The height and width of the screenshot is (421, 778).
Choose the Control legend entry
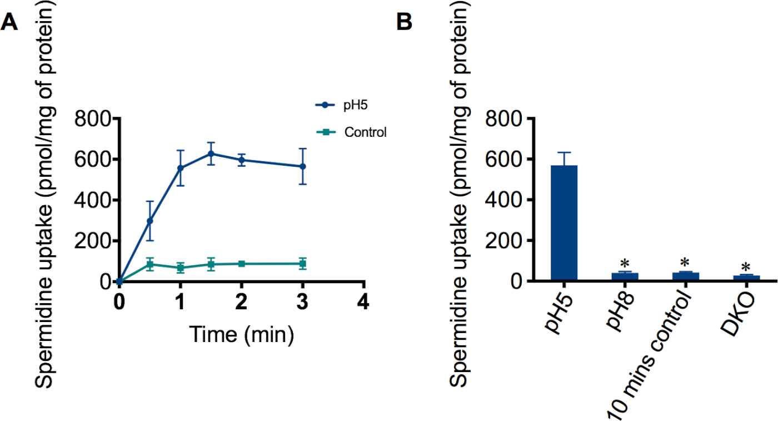point(365,132)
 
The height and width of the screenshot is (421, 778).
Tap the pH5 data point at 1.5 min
point(211,153)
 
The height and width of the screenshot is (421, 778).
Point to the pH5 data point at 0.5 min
point(149,221)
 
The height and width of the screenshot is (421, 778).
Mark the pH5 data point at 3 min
point(303,166)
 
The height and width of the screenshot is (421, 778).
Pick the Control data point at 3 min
point(303,264)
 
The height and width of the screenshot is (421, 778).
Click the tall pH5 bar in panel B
point(564,222)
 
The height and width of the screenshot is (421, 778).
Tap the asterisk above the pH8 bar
point(625,263)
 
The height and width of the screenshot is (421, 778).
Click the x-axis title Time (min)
point(241,335)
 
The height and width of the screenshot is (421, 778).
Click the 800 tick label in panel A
point(93,118)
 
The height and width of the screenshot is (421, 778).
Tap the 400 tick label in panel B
point(502,200)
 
